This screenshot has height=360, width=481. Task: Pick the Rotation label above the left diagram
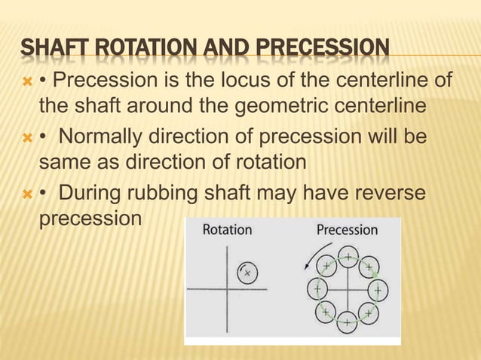pos(227,229)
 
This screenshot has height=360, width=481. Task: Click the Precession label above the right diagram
pos(347,229)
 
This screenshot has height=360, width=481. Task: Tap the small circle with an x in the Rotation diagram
pos(247,273)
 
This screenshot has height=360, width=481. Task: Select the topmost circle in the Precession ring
pos(348,256)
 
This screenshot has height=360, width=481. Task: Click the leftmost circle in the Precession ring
pos(317,288)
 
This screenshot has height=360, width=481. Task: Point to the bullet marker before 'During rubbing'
pos(28,194)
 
